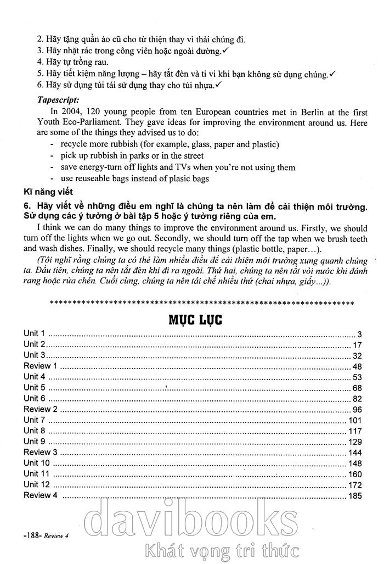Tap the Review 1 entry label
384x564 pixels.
click(40, 366)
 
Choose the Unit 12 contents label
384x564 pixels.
click(37, 485)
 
